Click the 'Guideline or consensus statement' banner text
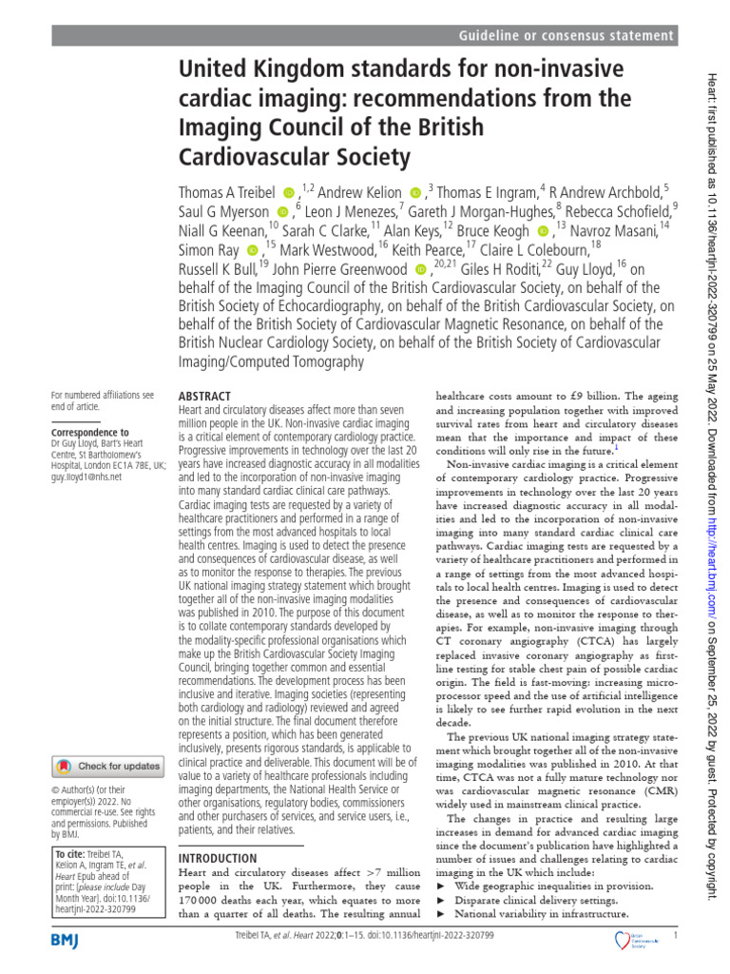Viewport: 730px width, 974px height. pos(567,35)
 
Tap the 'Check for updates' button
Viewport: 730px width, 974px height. pos(107,765)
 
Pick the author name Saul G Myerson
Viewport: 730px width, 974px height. pos(223,212)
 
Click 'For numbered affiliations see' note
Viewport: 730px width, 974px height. pos(102,394)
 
